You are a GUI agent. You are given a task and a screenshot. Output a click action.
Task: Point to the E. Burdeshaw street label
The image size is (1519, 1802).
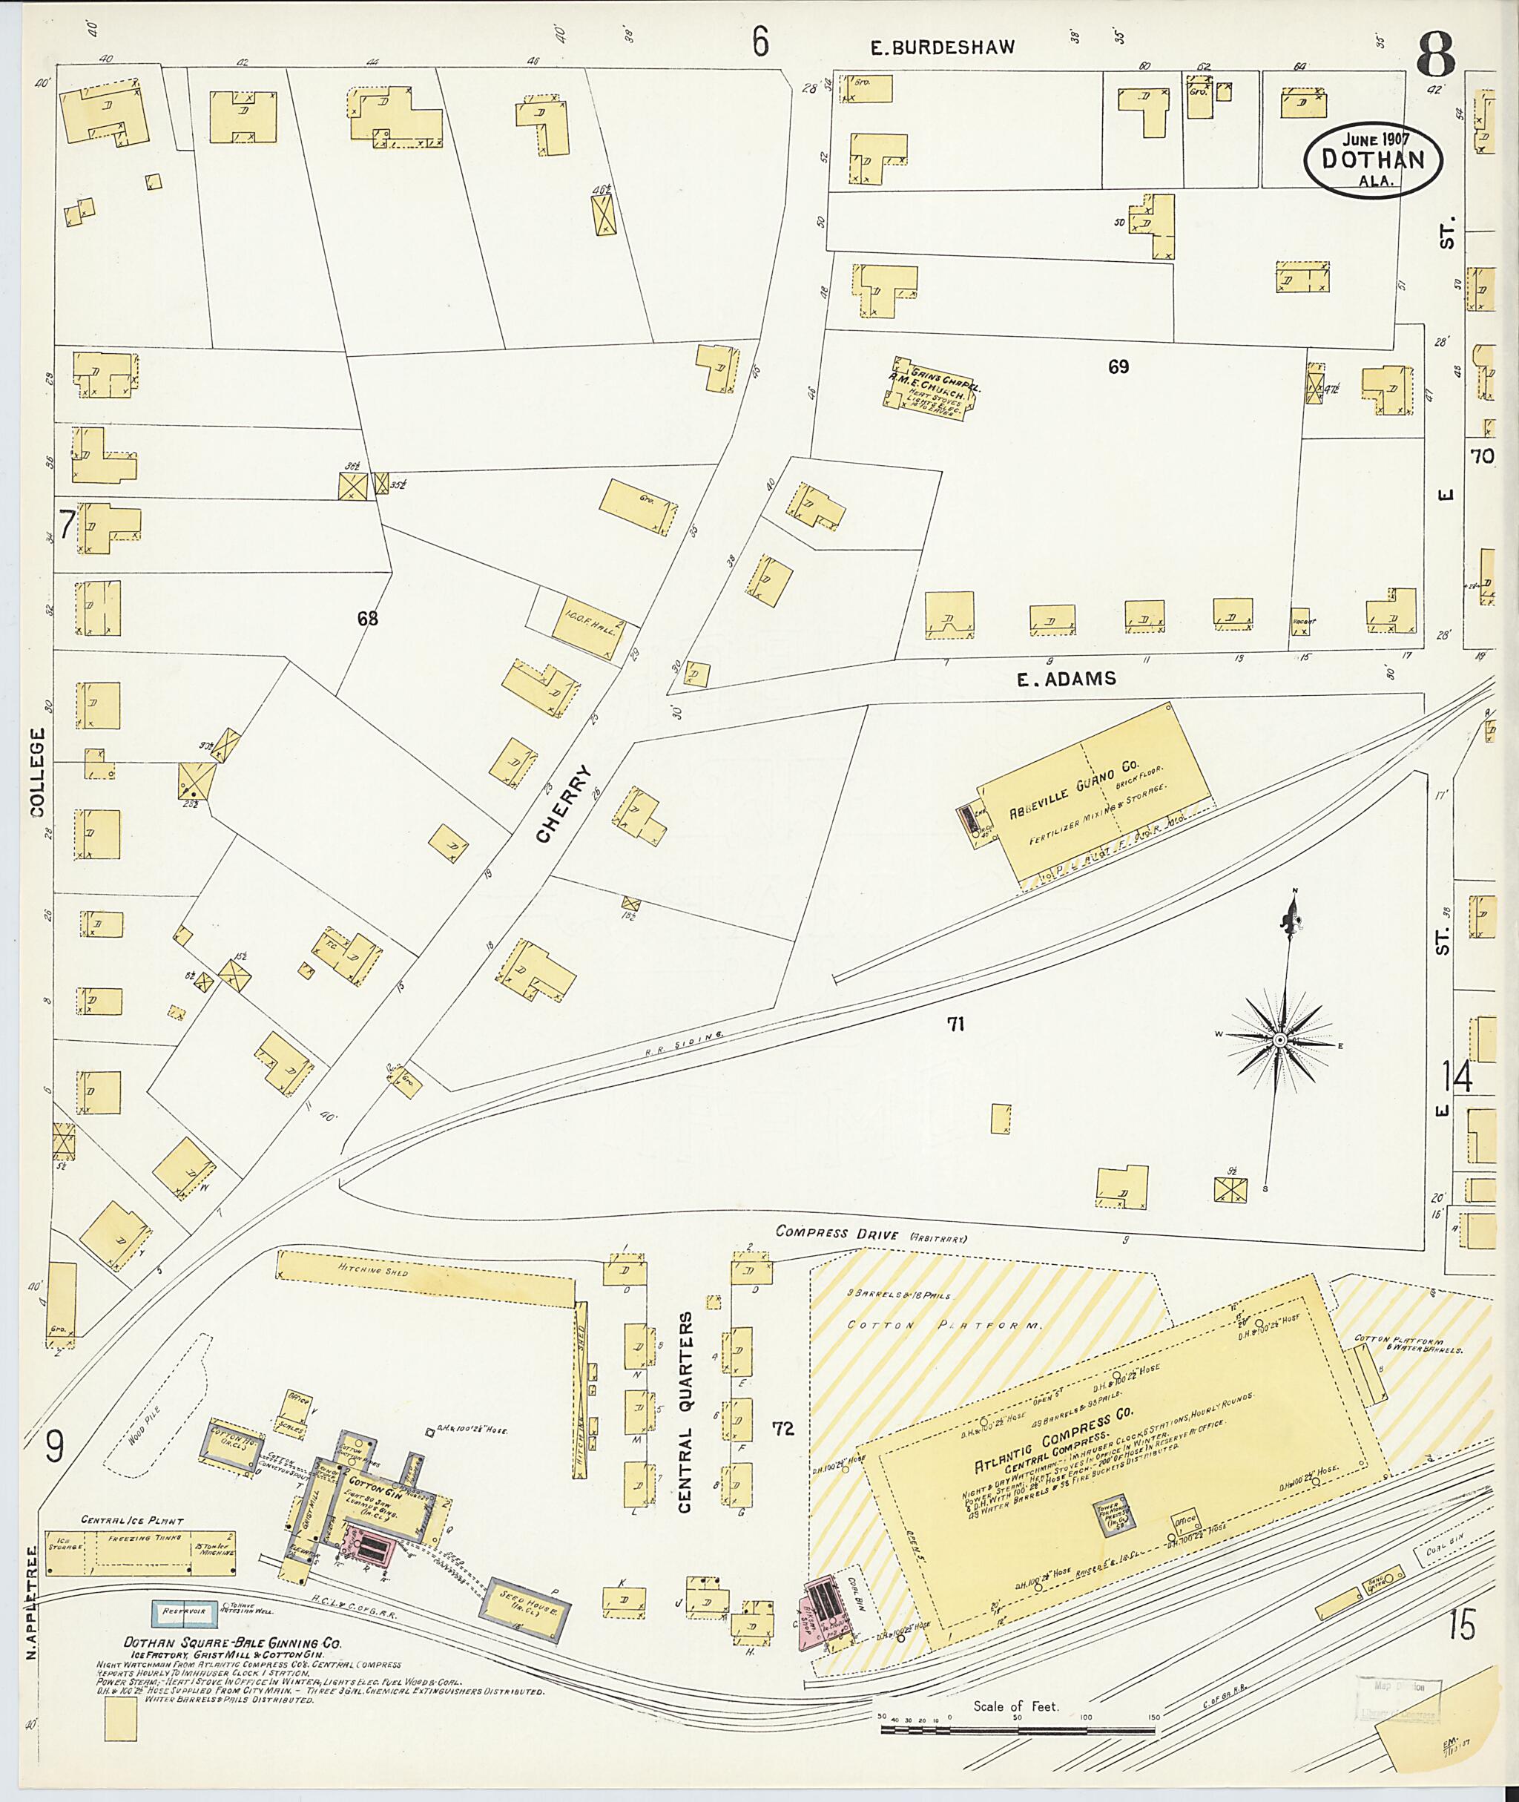(941, 47)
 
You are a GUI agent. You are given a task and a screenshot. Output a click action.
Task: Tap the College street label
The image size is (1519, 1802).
(36, 772)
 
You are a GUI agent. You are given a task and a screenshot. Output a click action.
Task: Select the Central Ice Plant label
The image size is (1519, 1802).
(132, 1519)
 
